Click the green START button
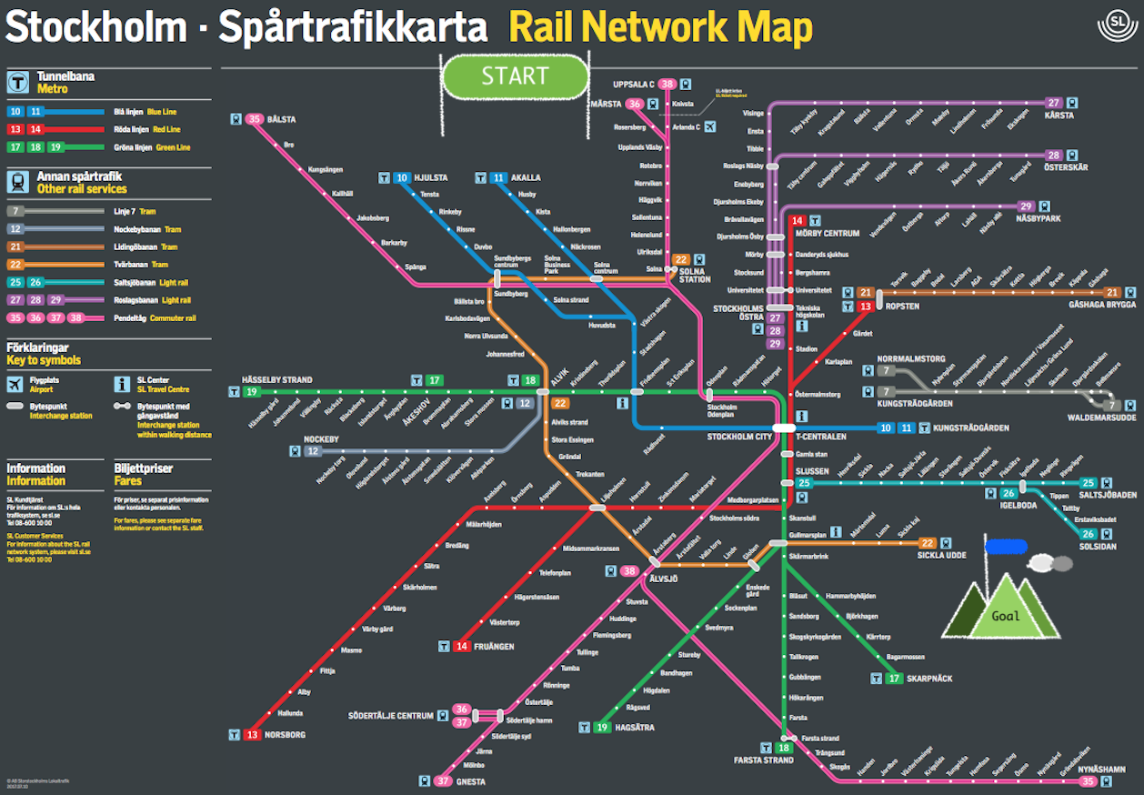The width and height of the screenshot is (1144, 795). [x=515, y=77]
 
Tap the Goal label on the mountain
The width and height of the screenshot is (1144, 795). [x=1005, y=616]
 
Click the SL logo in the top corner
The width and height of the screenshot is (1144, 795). [x=1118, y=25]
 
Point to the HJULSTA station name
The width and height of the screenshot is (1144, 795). [x=431, y=178]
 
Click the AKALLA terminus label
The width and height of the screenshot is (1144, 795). [x=526, y=178]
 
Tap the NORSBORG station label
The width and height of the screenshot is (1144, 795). [x=285, y=734]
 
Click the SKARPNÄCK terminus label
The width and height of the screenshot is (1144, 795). [x=929, y=679]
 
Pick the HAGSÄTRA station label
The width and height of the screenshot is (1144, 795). [x=634, y=728]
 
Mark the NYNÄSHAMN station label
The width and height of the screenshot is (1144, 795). [x=1102, y=770]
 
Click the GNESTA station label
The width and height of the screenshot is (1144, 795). [x=471, y=781]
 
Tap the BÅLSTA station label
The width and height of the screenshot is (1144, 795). [x=282, y=119]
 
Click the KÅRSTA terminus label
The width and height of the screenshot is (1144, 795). [x=1059, y=116]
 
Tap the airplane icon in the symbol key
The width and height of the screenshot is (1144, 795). [x=15, y=384]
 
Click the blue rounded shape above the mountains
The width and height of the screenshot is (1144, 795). [x=1005, y=547]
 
